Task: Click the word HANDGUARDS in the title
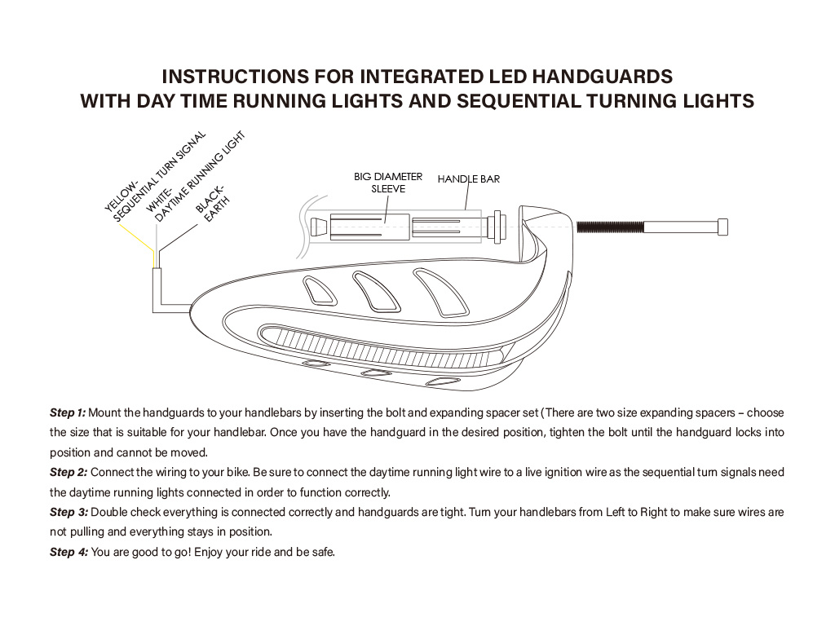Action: coord(603,77)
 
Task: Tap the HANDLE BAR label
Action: coord(469,179)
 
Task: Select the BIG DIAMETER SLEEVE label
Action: coord(388,183)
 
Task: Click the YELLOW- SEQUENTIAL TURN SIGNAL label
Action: coord(154,177)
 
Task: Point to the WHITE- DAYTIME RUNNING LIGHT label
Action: coord(196,177)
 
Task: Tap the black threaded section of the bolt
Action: coord(610,227)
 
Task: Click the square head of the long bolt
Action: coord(722,227)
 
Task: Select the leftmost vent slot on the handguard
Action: coord(319,291)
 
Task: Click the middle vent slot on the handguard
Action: coord(375,292)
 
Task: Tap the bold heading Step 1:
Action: coord(68,413)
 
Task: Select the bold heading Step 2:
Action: coord(68,473)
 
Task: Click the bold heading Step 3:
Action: coord(68,513)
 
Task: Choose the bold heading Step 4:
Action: coord(68,553)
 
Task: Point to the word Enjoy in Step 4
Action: coord(208,553)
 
